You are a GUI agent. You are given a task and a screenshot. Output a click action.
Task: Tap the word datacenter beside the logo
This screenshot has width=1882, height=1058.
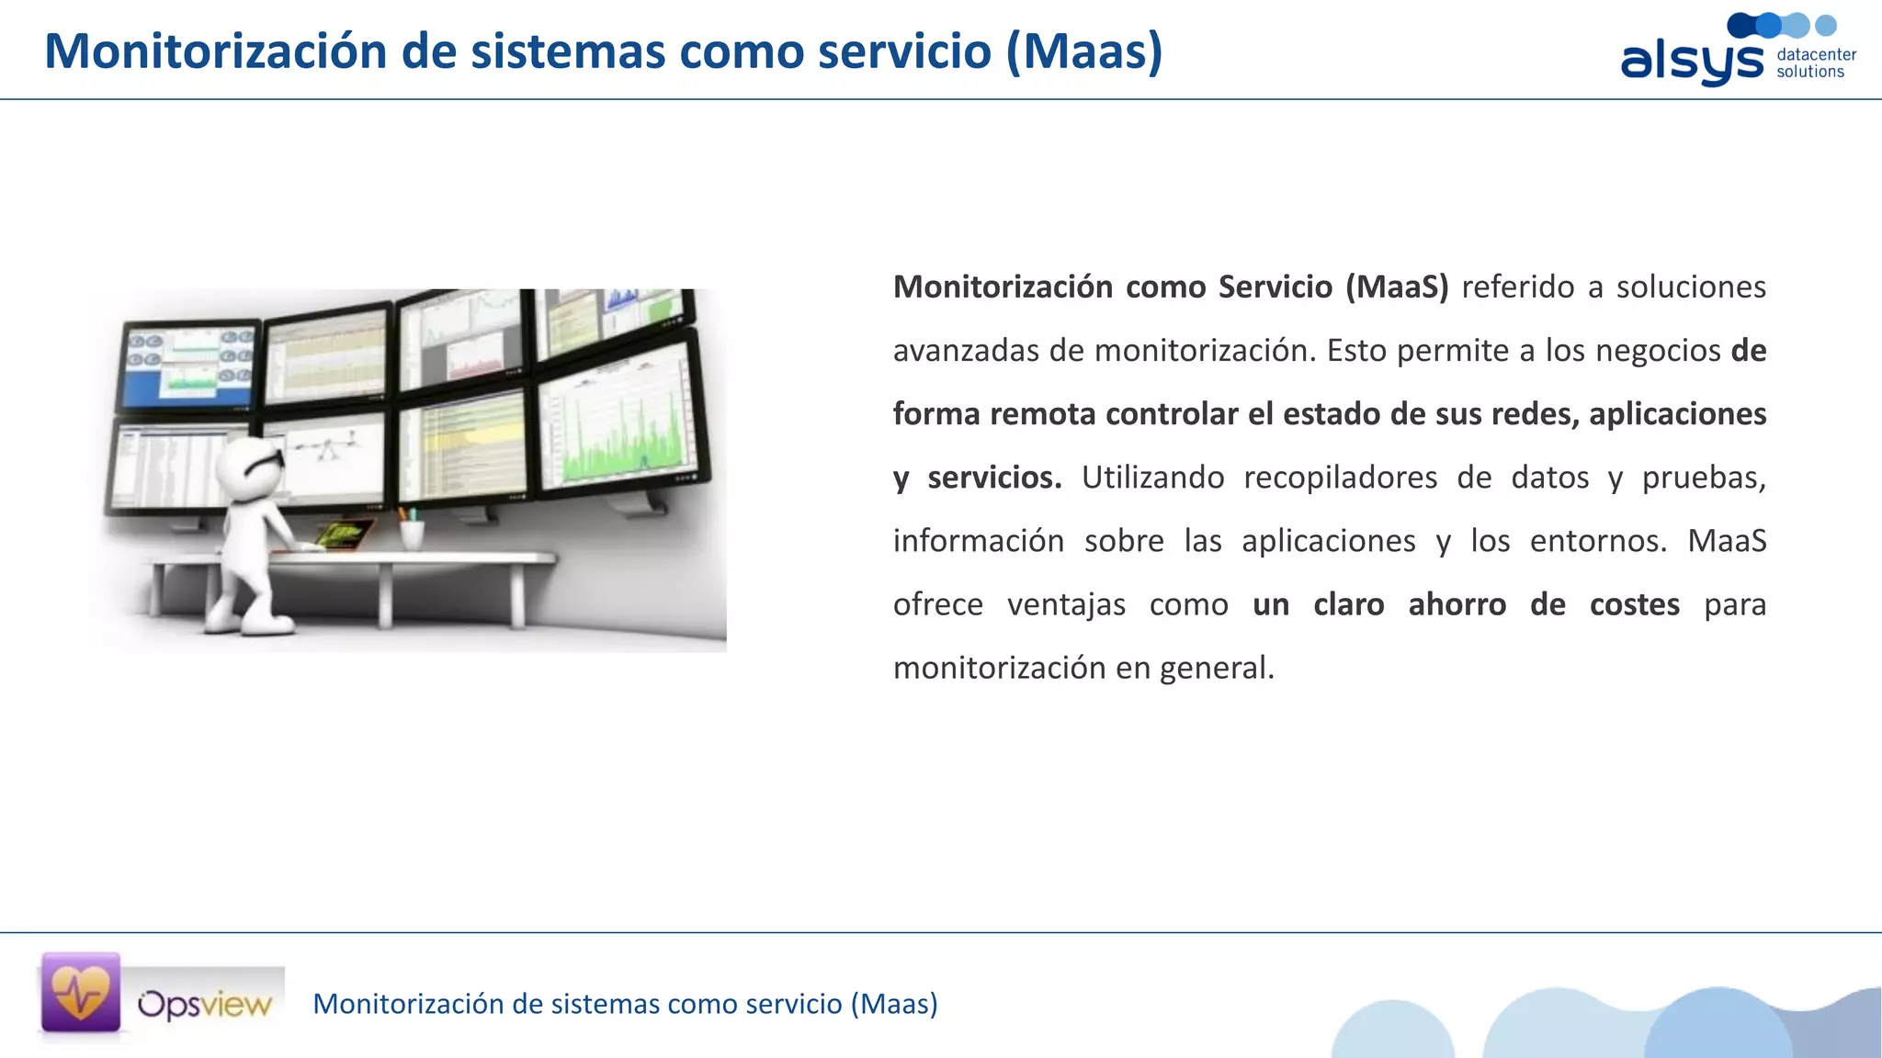pyautogui.click(x=1816, y=54)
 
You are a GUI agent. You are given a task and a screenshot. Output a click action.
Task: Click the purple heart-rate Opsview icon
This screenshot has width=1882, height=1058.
pyautogui.click(x=81, y=993)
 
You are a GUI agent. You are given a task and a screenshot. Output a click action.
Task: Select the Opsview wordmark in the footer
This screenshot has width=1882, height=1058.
pyautogui.click(x=205, y=1004)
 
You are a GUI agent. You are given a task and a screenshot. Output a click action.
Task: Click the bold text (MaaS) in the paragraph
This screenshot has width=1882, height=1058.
pyautogui.click(x=1397, y=287)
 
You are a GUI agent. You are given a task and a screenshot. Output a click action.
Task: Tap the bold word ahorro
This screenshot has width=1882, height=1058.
pyautogui.click(x=1457, y=604)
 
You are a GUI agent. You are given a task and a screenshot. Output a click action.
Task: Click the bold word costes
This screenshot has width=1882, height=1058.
pyautogui.click(x=1634, y=604)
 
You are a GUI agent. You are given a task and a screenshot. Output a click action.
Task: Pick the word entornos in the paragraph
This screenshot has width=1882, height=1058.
pyautogui.click(x=1597, y=541)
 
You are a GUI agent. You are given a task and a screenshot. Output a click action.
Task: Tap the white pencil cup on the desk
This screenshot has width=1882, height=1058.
pyautogui.click(x=412, y=533)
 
